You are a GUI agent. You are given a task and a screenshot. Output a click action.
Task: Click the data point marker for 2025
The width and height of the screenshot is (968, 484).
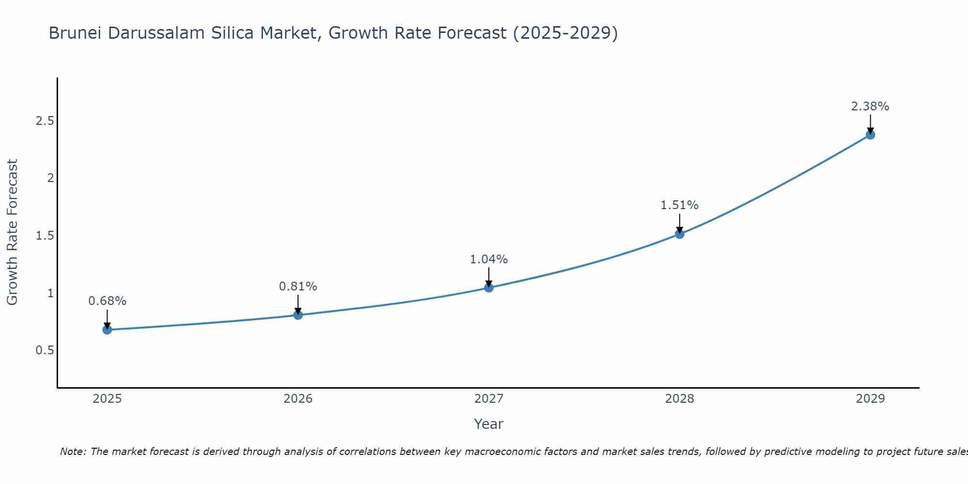point(107,330)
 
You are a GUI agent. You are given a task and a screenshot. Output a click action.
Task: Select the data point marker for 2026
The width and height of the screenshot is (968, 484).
point(298,315)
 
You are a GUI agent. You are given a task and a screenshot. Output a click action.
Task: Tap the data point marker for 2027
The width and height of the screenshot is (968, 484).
point(489,288)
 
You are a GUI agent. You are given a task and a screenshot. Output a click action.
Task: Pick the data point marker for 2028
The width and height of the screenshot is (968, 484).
point(680,234)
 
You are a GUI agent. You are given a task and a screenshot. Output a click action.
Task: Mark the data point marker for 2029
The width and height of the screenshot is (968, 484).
point(870,135)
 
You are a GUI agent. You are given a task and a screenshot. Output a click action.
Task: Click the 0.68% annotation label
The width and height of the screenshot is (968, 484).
point(107,301)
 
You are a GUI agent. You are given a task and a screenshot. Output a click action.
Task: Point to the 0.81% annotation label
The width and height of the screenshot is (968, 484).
point(298,287)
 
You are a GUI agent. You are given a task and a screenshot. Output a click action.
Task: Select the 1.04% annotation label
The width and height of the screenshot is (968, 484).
point(489,259)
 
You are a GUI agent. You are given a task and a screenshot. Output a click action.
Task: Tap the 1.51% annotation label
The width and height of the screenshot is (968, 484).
point(680,205)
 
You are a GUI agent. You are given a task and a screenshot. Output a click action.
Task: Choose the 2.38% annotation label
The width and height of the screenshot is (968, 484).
point(870,106)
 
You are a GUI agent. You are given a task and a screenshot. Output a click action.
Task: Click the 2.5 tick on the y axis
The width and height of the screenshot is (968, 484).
point(45,121)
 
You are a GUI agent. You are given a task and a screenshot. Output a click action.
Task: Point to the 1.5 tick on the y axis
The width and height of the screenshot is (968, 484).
point(45,236)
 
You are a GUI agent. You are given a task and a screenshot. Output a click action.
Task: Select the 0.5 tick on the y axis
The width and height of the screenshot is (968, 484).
point(45,350)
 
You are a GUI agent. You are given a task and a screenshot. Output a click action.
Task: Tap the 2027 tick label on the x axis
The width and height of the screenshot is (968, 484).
point(489,399)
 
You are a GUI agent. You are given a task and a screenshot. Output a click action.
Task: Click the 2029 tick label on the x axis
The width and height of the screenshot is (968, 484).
point(870,399)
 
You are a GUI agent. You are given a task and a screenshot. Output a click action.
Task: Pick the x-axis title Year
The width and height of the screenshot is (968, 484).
point(489,424)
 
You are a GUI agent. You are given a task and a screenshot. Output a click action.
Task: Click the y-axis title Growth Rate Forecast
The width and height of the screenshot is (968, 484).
point(13,232)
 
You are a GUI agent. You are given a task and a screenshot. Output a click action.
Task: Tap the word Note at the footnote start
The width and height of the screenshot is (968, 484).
point(73,452)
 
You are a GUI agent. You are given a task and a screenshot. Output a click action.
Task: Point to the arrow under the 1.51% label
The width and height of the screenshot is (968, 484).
point(680,224)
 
